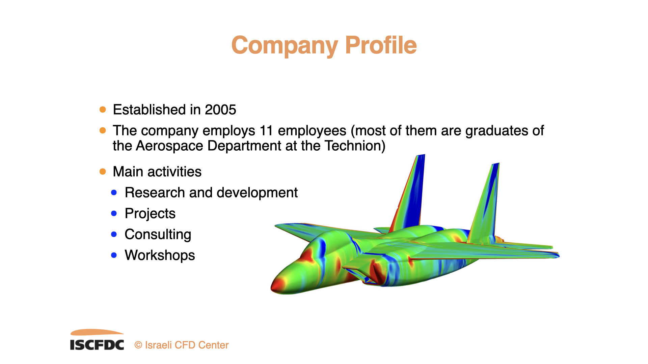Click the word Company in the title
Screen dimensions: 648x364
[285, 46]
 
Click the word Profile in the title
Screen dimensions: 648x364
[381, 45]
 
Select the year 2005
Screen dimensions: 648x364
[220, 110]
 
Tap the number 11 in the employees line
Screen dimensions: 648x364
[266, 131]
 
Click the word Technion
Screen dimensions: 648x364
[355, 146]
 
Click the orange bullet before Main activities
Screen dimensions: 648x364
[103, 172]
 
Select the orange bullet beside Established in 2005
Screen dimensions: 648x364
[103, 110]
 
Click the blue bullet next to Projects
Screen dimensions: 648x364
[114, 214]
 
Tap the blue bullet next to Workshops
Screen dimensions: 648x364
[114, 255]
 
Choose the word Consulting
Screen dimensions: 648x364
[158, 235]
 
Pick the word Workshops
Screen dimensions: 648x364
[160, 256]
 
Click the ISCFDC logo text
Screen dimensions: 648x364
[97, 345]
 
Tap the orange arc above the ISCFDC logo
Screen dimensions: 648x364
[97, 332]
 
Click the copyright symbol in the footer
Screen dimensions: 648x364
[138, 345]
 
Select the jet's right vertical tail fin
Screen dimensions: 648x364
[484, 202]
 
